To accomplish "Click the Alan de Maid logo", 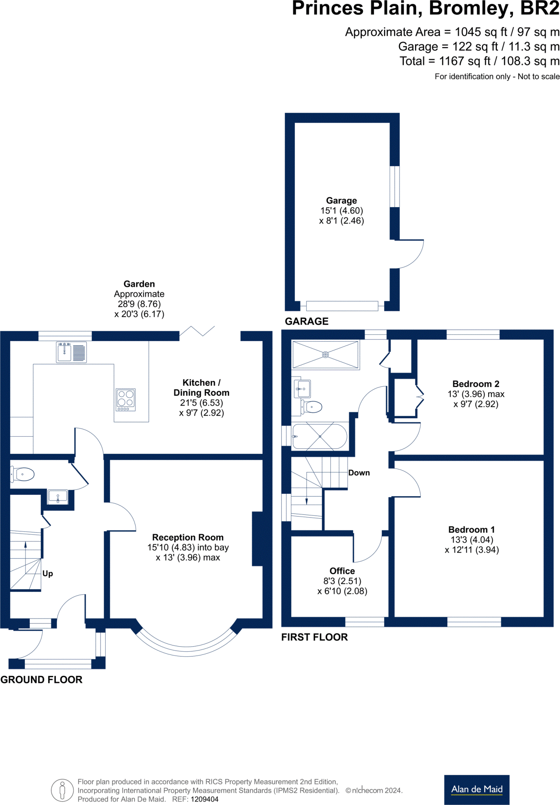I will tap(476, 789).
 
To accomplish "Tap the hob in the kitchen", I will tap(126, 400).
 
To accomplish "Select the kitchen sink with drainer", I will tap(71, 352).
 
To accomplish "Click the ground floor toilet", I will tap(23, 474).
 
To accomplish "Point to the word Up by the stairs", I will tap(48, 573).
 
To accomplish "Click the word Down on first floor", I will tap(359, 473).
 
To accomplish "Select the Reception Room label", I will tap(188, 537).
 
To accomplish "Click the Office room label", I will tap(342, 571).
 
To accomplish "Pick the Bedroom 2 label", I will tap(476, 384).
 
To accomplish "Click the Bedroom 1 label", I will tap(471, 530).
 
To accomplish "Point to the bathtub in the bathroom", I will tap(320, 436).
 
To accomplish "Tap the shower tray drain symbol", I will tap(325, 355).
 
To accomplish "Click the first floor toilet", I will tap(313, 407).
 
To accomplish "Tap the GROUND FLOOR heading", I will tap(41, 680).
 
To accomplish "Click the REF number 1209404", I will tap(204, 799).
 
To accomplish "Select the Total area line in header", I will tap(479, 61).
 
